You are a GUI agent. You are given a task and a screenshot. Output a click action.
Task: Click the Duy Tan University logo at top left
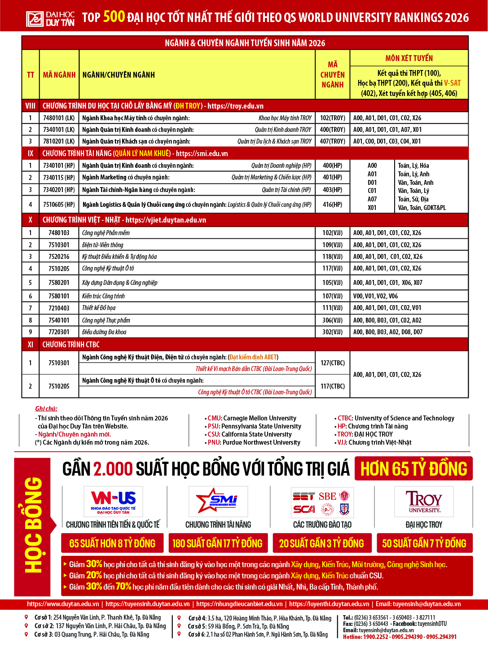click(x=50, y=18)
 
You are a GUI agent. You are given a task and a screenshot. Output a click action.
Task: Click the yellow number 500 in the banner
click(x=114, y=17)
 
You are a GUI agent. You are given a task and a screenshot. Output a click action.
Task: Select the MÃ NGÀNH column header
click(x=59, y=75)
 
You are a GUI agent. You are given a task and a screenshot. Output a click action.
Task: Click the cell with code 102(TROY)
click(x=333, y=118)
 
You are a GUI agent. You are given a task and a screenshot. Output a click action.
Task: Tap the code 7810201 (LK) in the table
click(x=59, y=141)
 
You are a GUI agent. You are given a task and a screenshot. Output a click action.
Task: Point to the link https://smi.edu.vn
click(x=202, y=153)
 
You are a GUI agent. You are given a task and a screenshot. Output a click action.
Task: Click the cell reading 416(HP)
click(x=332, y=205)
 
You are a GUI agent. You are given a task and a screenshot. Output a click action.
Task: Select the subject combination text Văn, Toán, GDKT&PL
click(x=422, y=208)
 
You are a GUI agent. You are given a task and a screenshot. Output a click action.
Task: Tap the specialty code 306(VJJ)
click(x=332, y=320)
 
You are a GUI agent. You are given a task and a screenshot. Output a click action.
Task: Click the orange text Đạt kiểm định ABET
click(x=253, y=357)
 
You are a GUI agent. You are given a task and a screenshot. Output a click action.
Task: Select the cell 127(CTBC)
click(x=332, y=363)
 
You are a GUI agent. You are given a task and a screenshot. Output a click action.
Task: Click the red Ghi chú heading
click(x=46, y=409)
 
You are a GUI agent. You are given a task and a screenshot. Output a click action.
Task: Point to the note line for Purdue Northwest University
click(x=254, y=442)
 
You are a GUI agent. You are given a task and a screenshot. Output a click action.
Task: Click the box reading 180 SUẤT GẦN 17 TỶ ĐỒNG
click(x=218, y=543)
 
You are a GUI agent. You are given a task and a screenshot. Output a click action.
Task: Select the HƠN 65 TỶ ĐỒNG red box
click(x=413, y=469)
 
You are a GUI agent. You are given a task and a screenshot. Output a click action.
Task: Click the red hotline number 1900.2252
click(x=375, y=637)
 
